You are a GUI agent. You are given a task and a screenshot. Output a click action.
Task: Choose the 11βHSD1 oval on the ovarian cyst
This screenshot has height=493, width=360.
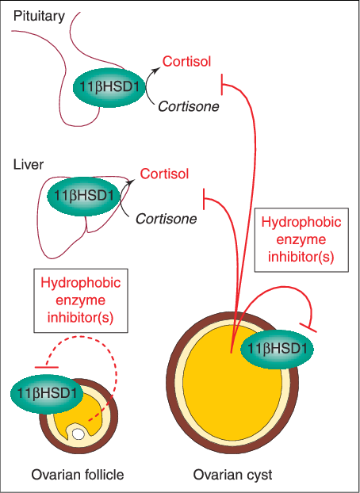click(x=278, y=349)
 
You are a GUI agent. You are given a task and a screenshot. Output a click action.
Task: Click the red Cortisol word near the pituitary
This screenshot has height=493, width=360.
click(x=186, y=61)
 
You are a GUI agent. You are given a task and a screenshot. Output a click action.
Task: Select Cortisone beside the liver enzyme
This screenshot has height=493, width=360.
click(x=167, y=218)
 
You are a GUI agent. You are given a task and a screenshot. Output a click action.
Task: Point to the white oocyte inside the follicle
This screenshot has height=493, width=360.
click(x=79, y=434)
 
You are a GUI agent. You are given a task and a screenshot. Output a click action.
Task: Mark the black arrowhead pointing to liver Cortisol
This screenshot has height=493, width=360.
click(x=131, y=182)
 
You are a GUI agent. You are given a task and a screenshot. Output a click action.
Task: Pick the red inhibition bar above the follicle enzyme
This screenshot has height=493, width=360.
click(x=47, y=367)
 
